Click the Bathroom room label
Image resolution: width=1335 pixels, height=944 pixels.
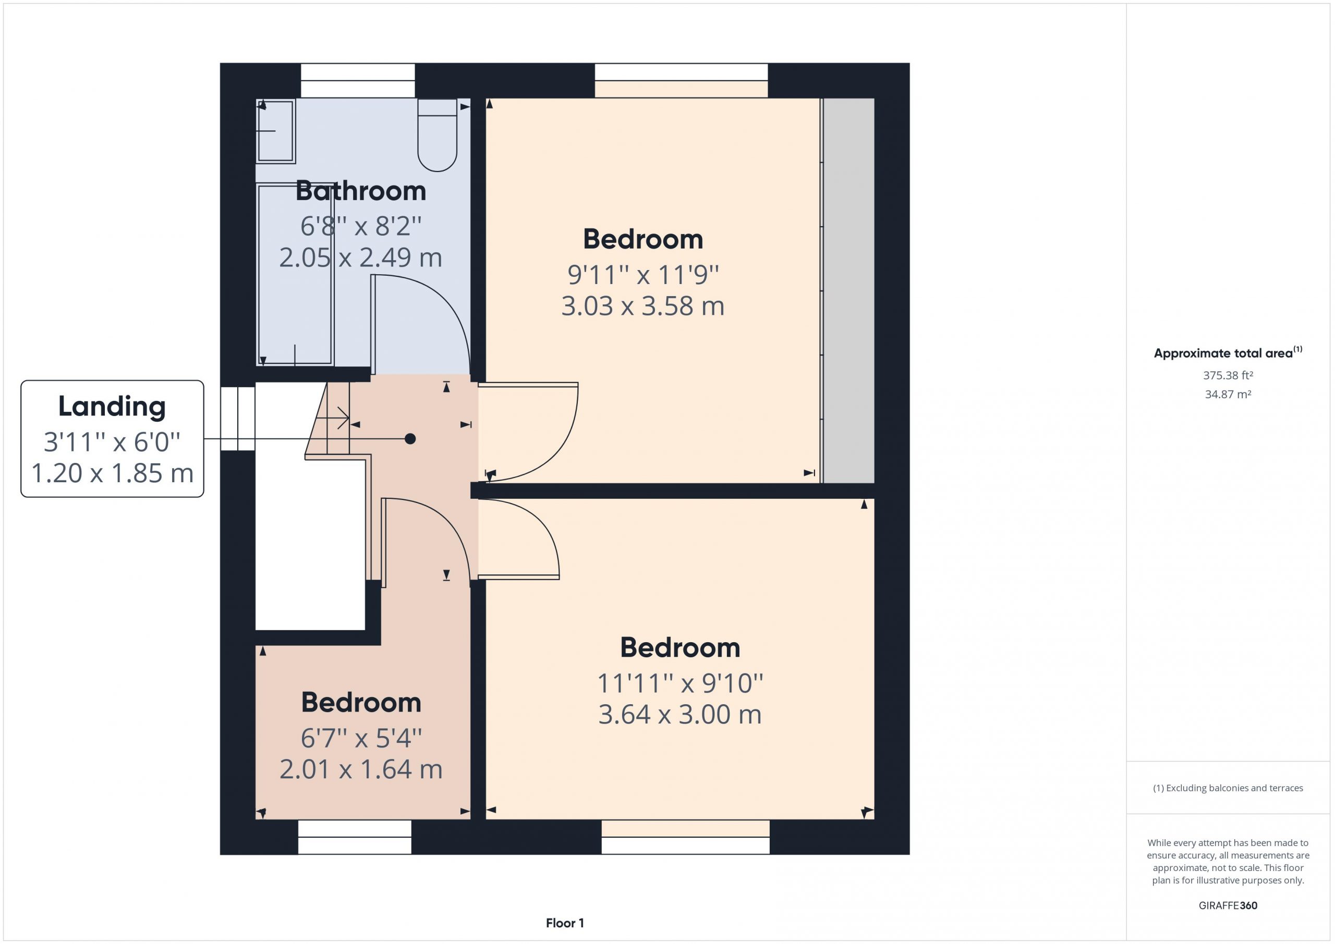pyautogui.click(x=360, y=191)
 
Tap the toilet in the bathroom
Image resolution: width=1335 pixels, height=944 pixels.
pyautogui.click(x=437, y=136)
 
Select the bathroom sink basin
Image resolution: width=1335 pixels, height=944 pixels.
pyautogui.click(x=276, y=130)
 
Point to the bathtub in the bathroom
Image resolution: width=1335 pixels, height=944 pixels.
pyautogui.click(x=295, y=274)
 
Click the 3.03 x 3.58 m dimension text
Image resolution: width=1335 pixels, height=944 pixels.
pyautogui.click(x=642, y=307)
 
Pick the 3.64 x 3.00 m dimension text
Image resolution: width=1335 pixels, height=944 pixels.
pyautogui.click(x=679, y=715)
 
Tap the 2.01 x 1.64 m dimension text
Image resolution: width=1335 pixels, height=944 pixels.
pyautogui.click(x=361, y=769)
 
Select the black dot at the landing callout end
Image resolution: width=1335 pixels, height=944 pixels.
pyautogui.click(x=410, y=439)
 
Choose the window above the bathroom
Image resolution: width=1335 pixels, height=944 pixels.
pyautogui.click(x=358, y=81)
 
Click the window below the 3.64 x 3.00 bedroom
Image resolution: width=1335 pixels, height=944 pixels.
pyautogui.click(x=686, y=837)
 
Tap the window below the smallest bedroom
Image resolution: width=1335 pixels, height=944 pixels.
pyautogui.click(x=355, y=837)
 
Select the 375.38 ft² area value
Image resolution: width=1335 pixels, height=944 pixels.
pyautogui.click(x=1228, y=375)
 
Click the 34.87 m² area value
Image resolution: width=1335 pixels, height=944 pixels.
pyautogui.click(x=1228, y=394)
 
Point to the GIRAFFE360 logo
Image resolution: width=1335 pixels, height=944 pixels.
pyautogui.click(x=1228, y=905)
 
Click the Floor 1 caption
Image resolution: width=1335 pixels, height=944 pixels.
pyautogui.click(x=565, y=923)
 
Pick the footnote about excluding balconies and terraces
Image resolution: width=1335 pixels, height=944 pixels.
pyautogui.click(x=1228, y=788)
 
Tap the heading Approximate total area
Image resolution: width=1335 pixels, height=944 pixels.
pyautogui.click(x=1223, y=353)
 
